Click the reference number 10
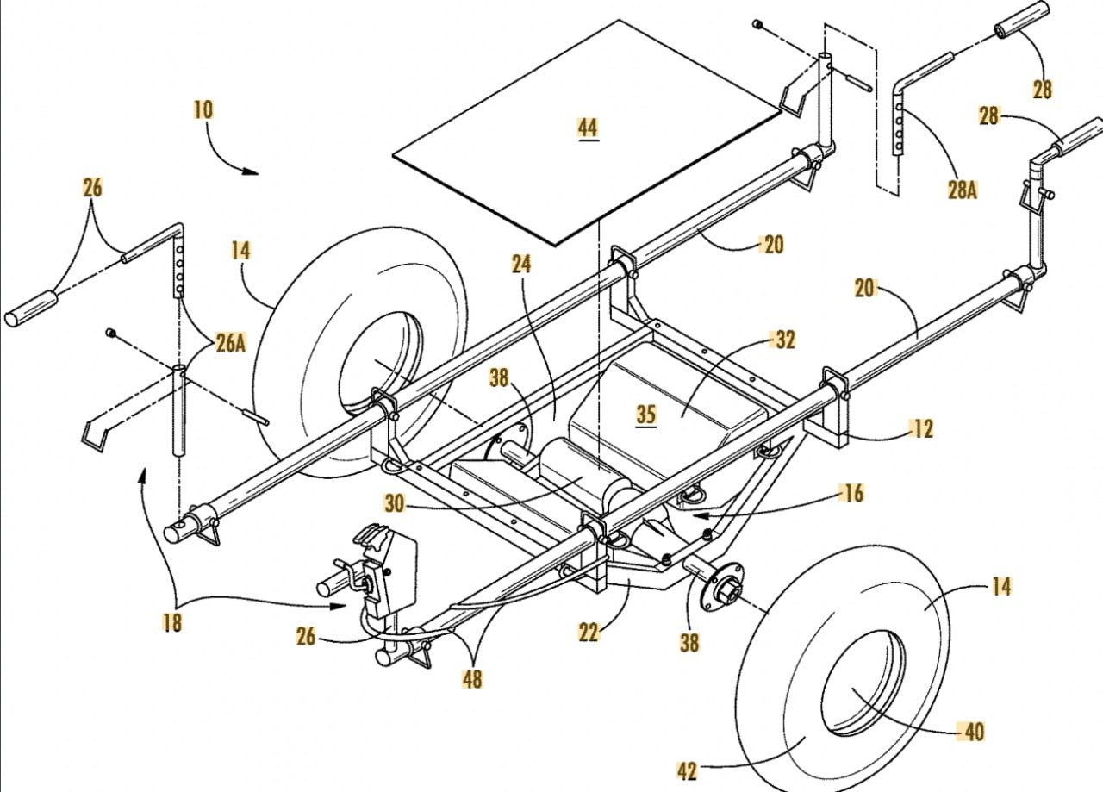[x=203, y=110]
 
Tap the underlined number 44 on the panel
[x=587, y=128]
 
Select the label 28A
[x=962, y=190]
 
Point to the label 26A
[x=230, y=343]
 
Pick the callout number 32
[x=785, y=340]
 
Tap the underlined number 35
[x=646, y=415]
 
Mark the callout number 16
[x=853, y=494]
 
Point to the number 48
[x=471, y=678]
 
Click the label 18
[x=172, y=622]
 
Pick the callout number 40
[x=973, y=732]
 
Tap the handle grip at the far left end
[x=31, y=309]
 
